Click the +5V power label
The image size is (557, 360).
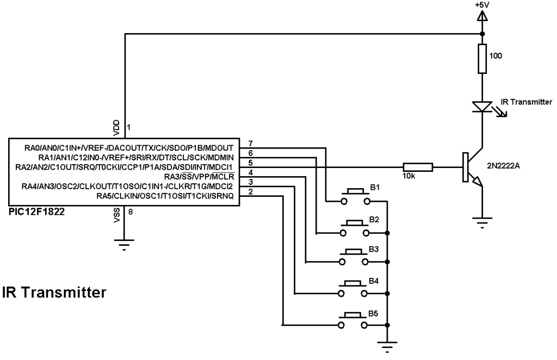(482, 5)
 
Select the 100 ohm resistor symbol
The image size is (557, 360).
(482, 59)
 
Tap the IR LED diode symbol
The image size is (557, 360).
(482, 106)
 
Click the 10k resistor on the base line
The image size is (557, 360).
(418, 167)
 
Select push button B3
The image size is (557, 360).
(355, 259)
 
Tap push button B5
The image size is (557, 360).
(355, 321)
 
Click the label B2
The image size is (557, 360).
(374, 219)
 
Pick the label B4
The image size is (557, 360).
(374, 282)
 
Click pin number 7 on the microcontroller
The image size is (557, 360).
(250, 142)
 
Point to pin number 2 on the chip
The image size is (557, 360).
(250, 191)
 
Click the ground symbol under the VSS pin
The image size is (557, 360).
(125, 246)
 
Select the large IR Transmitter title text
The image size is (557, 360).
(54, 293)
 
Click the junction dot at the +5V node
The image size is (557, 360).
(482, 34)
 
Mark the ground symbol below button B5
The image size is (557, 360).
(387, 346)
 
